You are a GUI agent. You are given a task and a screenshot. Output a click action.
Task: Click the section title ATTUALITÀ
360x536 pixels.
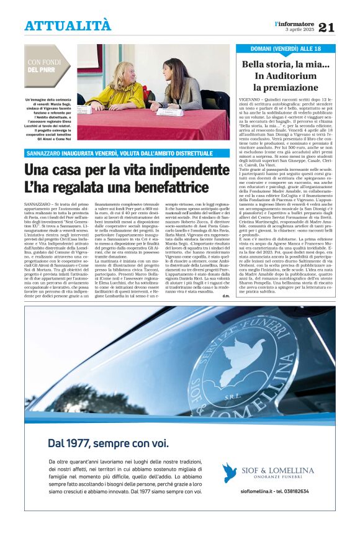point(68,25)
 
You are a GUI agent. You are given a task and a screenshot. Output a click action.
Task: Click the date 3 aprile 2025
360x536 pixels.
point(300,29)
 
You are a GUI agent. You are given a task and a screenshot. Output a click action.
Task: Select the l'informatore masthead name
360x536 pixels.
point(295,23)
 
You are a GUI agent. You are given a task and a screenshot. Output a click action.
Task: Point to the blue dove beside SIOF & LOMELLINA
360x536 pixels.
point(230,473)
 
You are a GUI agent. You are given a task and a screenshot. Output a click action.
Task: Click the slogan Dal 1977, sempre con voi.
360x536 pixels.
point(107,443)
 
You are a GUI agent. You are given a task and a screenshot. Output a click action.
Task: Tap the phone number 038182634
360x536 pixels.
point(310,507)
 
